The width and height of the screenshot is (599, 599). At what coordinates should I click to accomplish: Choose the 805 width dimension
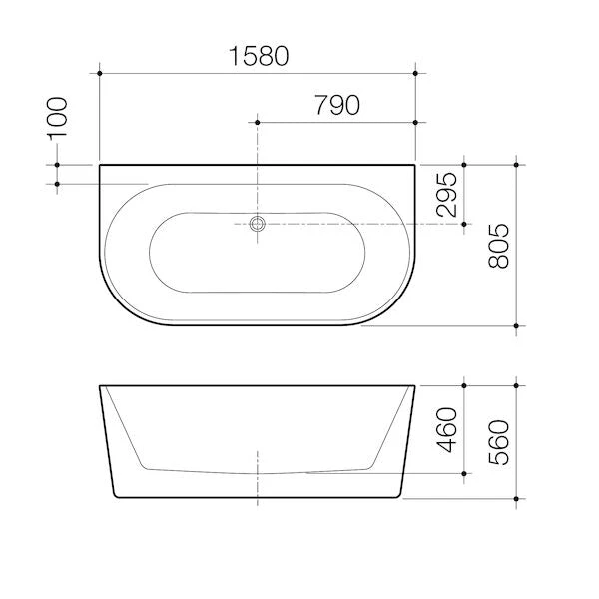(x=499, y=245)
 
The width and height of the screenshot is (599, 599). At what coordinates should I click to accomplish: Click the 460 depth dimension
(x=446, y=429)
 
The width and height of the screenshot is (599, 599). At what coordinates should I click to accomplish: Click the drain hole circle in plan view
(x=258, y=225)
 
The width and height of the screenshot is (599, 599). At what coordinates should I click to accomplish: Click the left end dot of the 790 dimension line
(x=258, y=121)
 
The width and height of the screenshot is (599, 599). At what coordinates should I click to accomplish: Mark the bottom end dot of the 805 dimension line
(x=516, y=326)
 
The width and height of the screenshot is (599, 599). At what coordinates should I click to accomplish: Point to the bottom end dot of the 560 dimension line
(x=516, y=497)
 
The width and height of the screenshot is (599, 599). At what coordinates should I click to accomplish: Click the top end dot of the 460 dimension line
(x=464, y=384)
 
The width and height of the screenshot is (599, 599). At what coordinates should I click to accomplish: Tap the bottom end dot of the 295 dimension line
(x=464, y=225)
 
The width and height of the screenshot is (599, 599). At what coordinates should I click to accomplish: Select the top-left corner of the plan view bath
(x=100, y=163)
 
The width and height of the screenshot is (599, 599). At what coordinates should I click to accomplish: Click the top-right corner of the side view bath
(x=415, y=384)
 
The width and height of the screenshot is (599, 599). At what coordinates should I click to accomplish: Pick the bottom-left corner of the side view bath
(x=116, y=497)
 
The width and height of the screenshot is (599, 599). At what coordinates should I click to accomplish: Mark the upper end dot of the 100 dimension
(x=57, y=163)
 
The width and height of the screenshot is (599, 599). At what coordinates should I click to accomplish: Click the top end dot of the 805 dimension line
(x=516, y=163)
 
